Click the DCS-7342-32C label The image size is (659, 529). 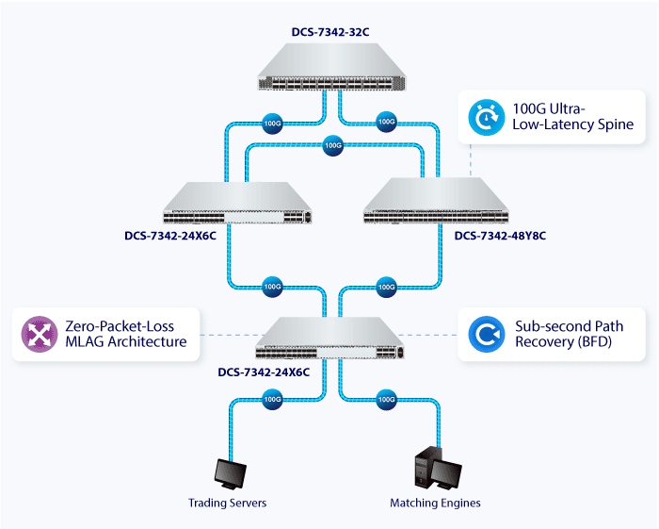click(329, 32)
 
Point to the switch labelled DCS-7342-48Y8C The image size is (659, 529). click(439, 201)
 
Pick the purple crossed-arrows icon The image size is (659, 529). click(39, 333)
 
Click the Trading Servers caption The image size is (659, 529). click(227, 503)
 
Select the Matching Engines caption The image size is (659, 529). click(435, 503)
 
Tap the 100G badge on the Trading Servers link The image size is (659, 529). click(272, 399)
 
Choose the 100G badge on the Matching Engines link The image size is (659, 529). click(386, 399)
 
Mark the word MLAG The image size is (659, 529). click(85, 341)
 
